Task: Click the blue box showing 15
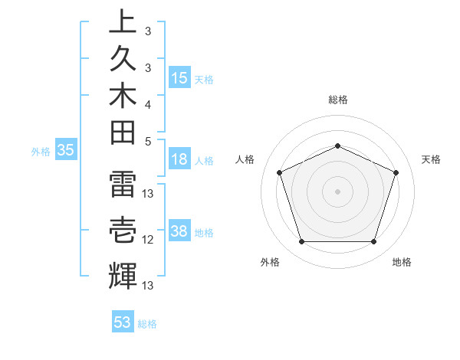pos(179,77)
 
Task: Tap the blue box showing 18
pos(179,159)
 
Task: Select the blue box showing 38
pos(179,231)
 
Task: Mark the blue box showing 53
pos(123,322)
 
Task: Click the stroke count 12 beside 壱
pos(148,240)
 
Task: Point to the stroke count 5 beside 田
pos(148,140)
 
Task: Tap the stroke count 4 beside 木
pos(148,103)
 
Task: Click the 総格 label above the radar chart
pos(337,100)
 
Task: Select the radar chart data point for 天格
pos(396,172)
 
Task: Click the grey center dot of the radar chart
pos(337,191)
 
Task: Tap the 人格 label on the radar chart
pos(245,159)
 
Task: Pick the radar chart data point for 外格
pos(301,242)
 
